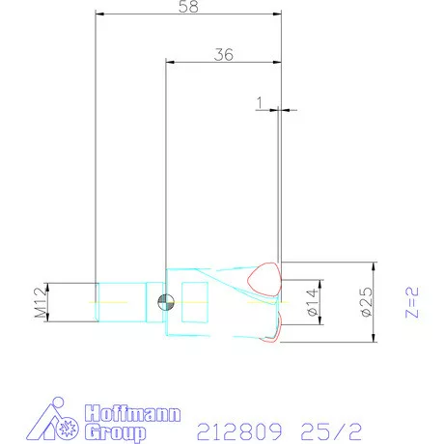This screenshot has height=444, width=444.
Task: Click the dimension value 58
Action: (x=189, y=8)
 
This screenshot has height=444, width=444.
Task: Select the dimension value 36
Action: (x=223, y=55)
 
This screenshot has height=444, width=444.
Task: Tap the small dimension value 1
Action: (x=261, y=100)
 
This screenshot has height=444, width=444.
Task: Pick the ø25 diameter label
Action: (x=365, y=302)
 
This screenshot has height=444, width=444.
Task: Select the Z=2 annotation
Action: (x=413, y=301)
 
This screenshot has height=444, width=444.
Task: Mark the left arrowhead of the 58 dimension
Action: (x=99, y=15)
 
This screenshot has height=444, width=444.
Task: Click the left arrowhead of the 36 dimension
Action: (x=170, y=64)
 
